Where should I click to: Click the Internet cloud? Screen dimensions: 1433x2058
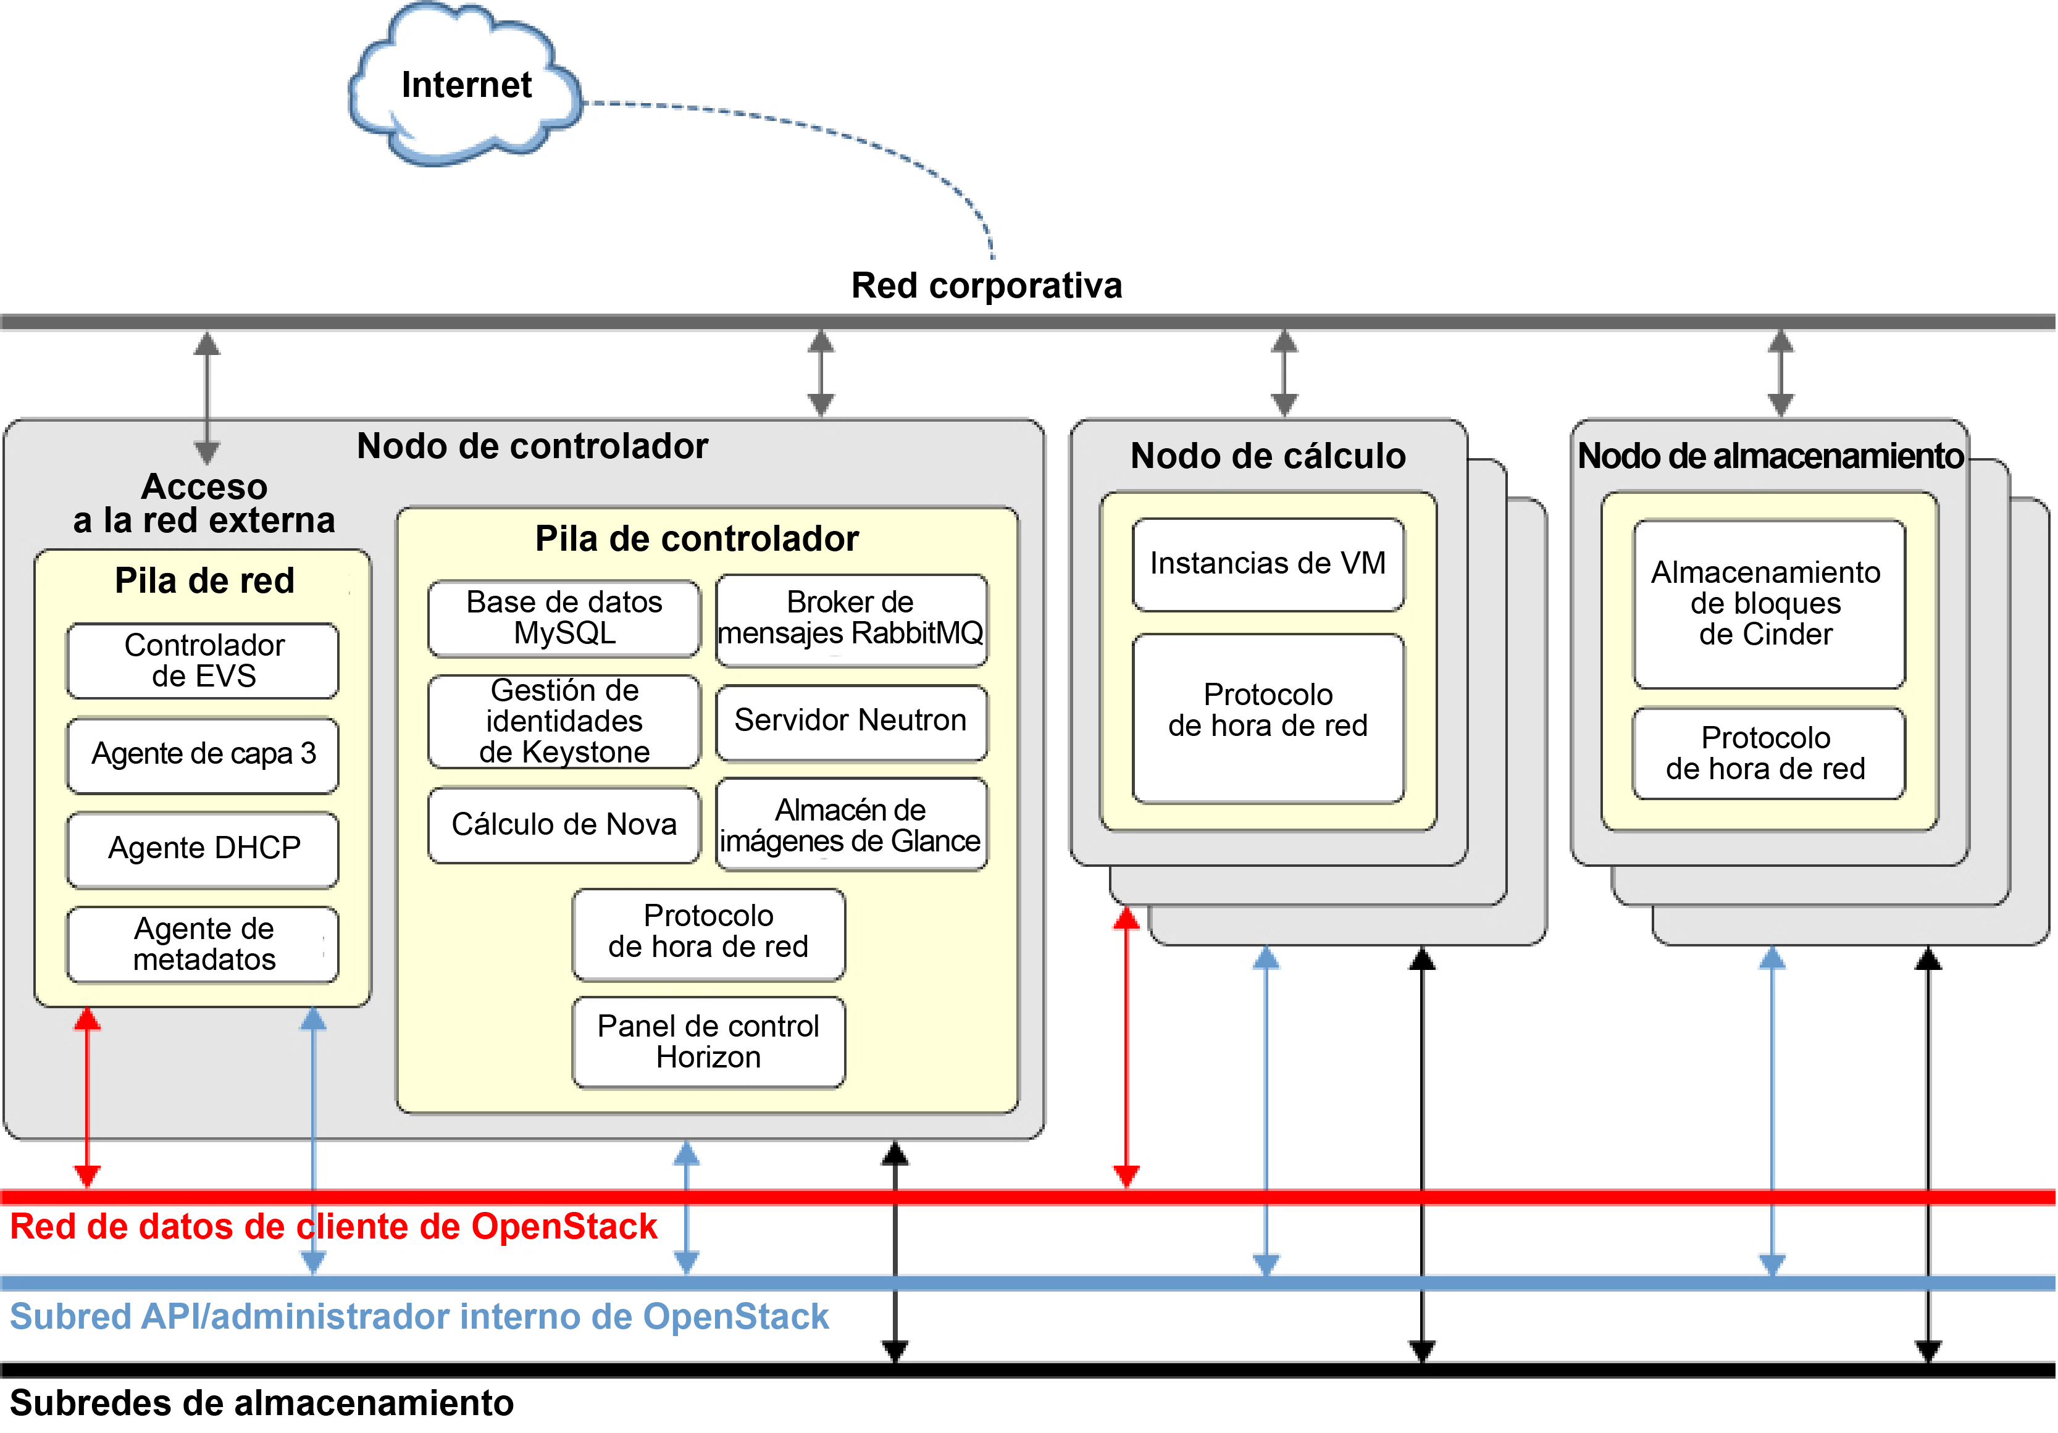pyautogui.click(x=465, y=85)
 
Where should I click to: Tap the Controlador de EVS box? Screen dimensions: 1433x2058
pyautogui.click(x=204, y=661)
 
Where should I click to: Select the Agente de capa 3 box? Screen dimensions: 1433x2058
pyautogui.click(x=204, y=754)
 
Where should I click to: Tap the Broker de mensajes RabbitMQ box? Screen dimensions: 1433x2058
pyautogui.click(x=851, y=619)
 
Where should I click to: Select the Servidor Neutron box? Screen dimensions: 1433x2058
pyautogui.click(x=851, y=721)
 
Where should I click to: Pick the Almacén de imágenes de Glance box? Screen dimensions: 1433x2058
pyautogui.click(x=851, y=824)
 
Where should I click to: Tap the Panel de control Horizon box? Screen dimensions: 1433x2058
pyautogui.click(x=708, y=1042)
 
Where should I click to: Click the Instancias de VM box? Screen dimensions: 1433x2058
pyautogui.click(x=1268, y=564)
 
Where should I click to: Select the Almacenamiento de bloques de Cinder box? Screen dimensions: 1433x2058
pyautogui.click(x=1768, y=603)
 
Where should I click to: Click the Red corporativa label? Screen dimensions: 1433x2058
pyautogui.click(x=986, y=286)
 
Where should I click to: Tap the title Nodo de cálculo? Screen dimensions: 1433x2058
pyautogui.click(x=1268, y=456)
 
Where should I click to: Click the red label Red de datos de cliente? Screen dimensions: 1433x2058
pyautogui.click(x=333, y=1227)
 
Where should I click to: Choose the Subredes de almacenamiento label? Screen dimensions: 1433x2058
pyautogui.click(x=262, y=1403)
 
